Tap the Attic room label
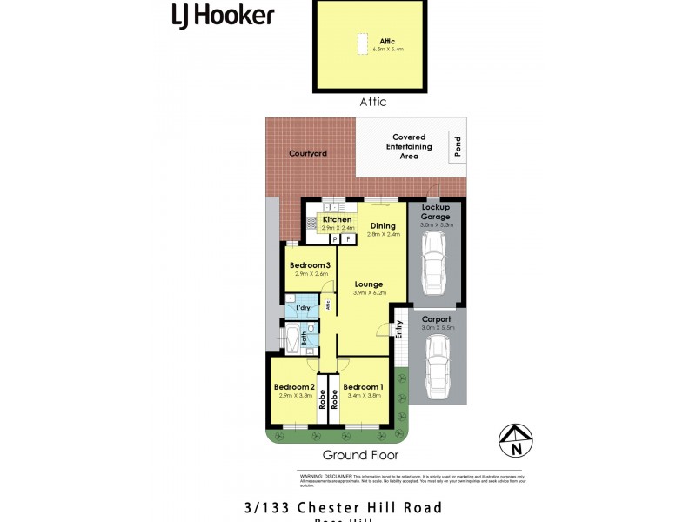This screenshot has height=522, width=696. tap(387, 41)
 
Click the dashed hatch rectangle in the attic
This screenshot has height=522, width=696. tap(360, 44)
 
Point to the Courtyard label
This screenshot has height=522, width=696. tap(307, 153)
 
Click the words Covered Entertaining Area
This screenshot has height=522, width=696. tap(409, 147)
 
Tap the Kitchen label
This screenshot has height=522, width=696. tap(336, 220)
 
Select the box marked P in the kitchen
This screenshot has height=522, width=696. tap(333, 238)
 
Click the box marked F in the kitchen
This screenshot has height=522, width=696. tap(348, 238)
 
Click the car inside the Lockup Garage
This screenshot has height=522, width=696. tap(435, 264)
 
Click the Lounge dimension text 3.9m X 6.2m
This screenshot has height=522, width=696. tap(369, 293)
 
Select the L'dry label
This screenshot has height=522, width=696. tap(303, 308)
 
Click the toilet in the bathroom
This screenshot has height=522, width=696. tap(311, 328)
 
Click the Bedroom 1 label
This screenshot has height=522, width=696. tap(363, 386)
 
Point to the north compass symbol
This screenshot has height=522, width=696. tap(516, 440)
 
